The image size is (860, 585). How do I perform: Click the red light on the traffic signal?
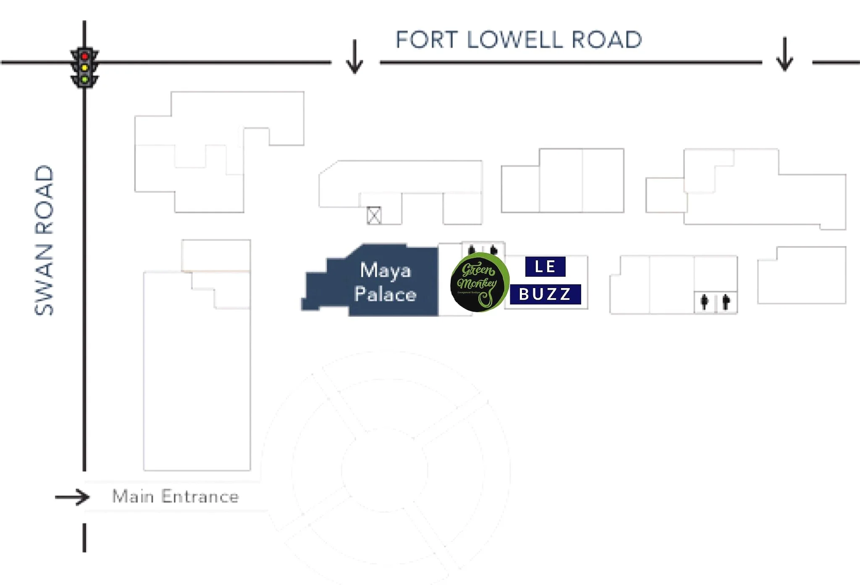[84, 56]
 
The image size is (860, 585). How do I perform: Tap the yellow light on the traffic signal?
[84, 68]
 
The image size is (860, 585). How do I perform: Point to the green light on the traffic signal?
[84, 79]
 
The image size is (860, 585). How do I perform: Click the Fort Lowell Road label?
[519, 40]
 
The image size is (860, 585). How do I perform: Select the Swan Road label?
[44, 240]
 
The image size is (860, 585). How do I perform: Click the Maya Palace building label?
[385, 282]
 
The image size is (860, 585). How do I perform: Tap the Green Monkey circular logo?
[479, 282]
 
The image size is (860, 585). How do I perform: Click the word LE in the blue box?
[545, 267]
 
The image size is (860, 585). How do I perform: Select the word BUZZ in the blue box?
[545, 294]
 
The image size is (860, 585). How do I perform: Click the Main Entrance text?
[176, 497]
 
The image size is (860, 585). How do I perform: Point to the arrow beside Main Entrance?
[72, 497]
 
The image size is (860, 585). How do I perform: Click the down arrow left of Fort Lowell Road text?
[355, 57]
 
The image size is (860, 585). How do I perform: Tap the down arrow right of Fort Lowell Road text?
[784, 55]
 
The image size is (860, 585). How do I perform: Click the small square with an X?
[374, 215]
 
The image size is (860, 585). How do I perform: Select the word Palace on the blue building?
[385, 294]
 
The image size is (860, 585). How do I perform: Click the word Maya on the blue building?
[385, 270]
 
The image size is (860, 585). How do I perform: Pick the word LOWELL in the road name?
[514, 40]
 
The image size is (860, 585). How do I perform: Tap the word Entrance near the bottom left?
[200, 497]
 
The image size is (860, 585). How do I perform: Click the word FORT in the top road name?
[426, 40]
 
